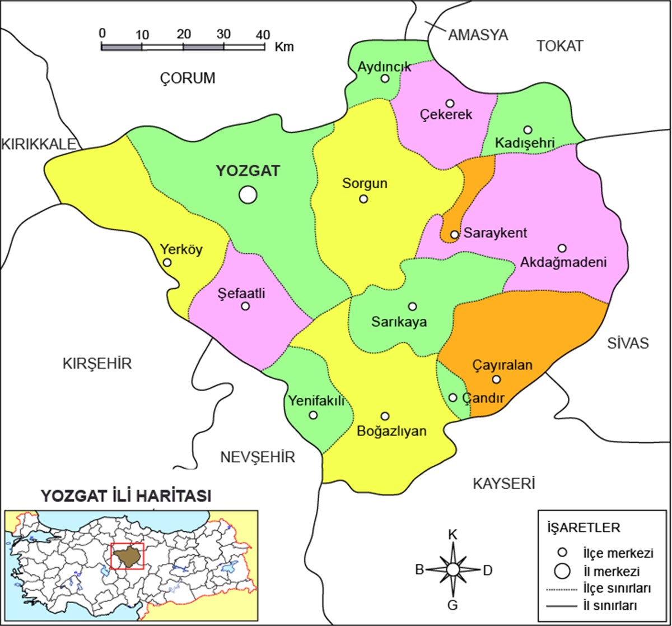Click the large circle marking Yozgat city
(x=248, y=194)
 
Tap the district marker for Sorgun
(x=363, y=198)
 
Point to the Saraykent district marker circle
(x=455, y=234)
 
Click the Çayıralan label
(x=501, y=365)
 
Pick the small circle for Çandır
(x=453, y=397)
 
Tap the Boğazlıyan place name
(x=391, y=432)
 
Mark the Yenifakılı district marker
(x=313, y=415)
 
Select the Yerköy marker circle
(x=167, y=262)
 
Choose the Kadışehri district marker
(x=528, y=129)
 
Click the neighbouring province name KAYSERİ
(x=504, y=483)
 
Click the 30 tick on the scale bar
(x=223, y=33)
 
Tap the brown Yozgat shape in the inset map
(x=128, y=556)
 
